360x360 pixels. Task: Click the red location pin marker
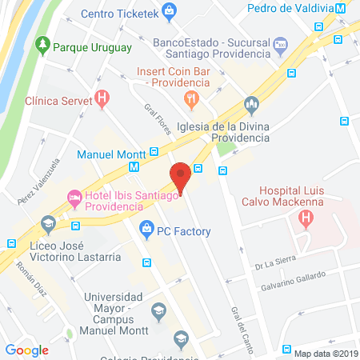point(181,176)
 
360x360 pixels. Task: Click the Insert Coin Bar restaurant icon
point(191,98)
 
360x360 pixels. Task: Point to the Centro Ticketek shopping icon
point(169,11)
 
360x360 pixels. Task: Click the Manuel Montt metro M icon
point(133,168)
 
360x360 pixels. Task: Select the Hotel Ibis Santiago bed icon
point(74,195)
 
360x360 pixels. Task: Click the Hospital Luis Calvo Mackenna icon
point(305,218)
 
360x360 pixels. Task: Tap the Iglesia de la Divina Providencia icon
point(251,104)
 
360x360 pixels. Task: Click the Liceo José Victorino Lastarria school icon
point(47,222)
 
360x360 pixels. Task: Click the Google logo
point(27,349)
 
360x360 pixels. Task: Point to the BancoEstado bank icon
point(280,44)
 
